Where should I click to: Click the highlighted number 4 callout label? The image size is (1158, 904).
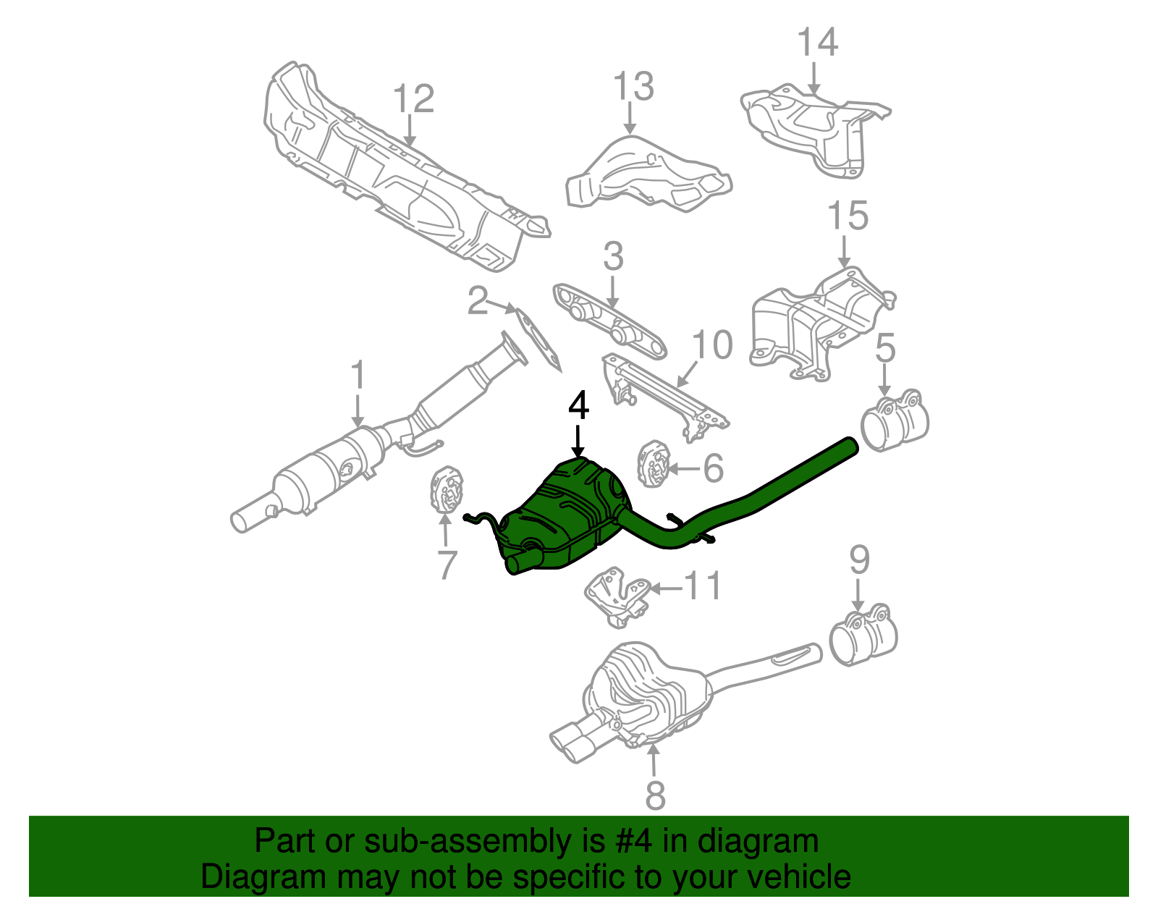pos(578,406)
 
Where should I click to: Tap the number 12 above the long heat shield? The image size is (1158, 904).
pos(414,100)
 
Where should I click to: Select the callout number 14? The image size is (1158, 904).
pos(817,42)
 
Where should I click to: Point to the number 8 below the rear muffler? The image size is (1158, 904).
pos(654,795)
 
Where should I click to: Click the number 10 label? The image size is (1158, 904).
pos(712,345)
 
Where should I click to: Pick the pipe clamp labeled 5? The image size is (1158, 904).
pos(895,423)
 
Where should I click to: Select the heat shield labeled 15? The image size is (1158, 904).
pos(818,322)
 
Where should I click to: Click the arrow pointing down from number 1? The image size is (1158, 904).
pos(358,410)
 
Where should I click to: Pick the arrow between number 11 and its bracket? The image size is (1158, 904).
pos(666,588)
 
